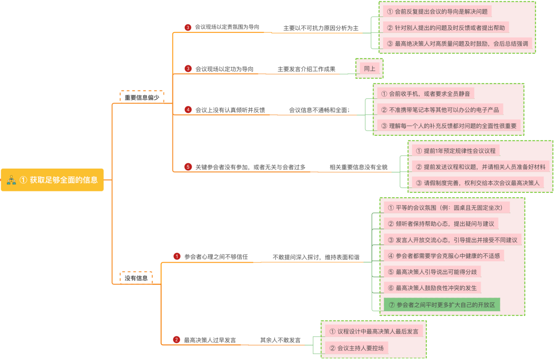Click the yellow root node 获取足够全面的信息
53,180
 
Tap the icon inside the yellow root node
12,180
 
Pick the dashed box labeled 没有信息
136,278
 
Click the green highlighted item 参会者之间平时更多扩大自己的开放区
441,305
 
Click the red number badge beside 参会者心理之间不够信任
177,256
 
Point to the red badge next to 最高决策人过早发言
176,339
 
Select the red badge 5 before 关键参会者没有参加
188,167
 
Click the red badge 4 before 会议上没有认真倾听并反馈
188,110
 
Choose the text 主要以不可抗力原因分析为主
321,28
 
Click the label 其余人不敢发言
280,340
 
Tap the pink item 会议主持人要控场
357,348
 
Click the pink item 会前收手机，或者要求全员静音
426,94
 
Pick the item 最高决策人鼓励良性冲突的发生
432,288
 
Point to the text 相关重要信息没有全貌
359,167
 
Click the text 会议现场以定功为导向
224,69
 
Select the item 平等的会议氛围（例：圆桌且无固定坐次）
447,208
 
